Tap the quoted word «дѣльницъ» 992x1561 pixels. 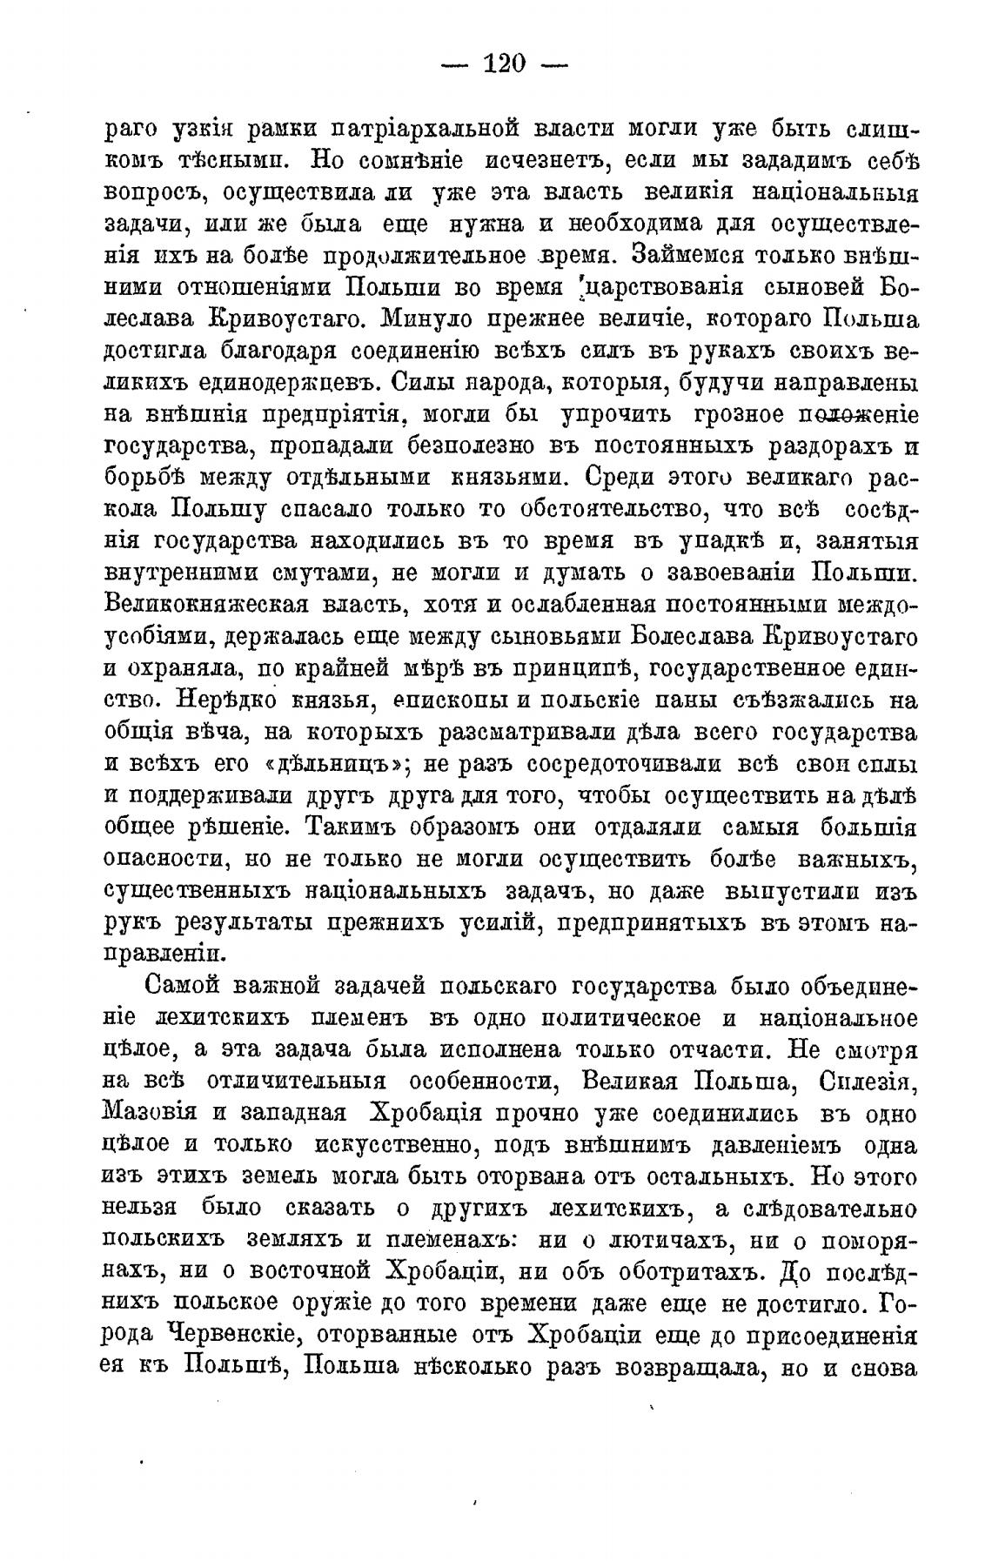(330, 763)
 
